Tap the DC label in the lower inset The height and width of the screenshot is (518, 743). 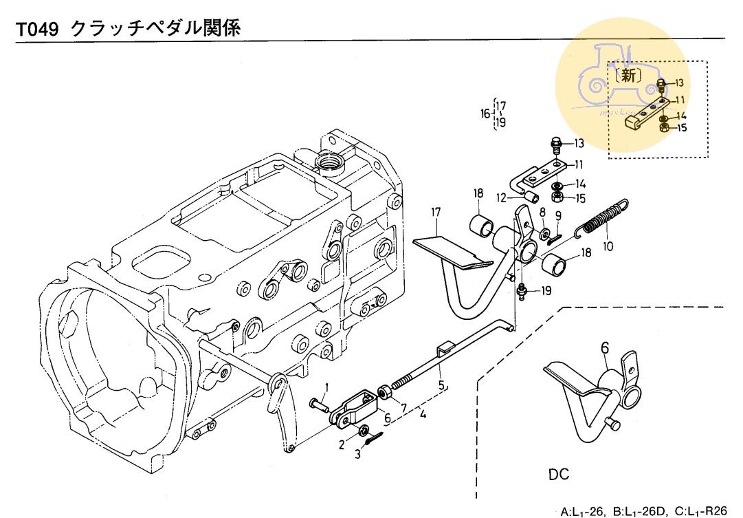(x=559, y=475)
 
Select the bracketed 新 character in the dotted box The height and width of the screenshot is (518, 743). (x=630, y=76)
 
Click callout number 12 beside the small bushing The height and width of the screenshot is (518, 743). (x=501, y=197)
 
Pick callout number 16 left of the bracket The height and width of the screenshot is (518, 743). (x=485, y=114)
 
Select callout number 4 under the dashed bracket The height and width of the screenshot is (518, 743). (x=424, y=416)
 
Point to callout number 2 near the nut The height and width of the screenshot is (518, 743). (x=341, y=444)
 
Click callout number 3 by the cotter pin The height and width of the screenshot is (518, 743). (x=357, y=454)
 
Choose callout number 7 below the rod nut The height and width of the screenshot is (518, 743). (x=402, y=408)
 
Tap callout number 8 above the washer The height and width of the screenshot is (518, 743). (x=542, y=212)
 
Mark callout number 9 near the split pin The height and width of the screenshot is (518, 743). (x=558, y=216)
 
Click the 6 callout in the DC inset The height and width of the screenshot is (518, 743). (x=605, y=349)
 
